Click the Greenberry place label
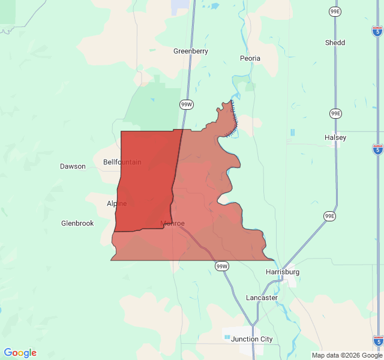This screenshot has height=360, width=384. click(x=191, y=51)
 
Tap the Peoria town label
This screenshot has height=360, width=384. click(x=250, y=58)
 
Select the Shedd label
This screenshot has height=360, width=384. click(x=335, y=43)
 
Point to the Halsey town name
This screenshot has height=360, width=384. click(x=335, y=137)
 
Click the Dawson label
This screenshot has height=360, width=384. click(x=73, y=166)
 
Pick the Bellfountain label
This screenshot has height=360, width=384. click(x=122, y=162)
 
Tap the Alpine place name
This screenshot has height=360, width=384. click(x=116, y=203)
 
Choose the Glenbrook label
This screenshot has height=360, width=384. click(x=77, y=223)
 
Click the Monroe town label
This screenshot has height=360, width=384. click(x=172, y=224)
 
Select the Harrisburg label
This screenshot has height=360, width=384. click(x=282, y=272)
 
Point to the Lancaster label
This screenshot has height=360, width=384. click(x=262, y=298)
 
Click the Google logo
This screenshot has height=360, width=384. click(x=20, y=353)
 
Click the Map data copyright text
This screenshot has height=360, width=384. click(x=347, y=355)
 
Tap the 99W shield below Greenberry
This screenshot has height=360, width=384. click(x=187, y=104)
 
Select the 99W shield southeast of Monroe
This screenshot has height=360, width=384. click(x=222, y=266)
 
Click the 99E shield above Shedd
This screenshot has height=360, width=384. click(x=335, y=11)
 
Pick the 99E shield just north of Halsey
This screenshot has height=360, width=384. click(x=335, y=113)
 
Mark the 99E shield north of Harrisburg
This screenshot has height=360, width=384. click(x=329, y=216)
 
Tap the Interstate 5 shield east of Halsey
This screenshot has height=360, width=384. click(x=377, y=149)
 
